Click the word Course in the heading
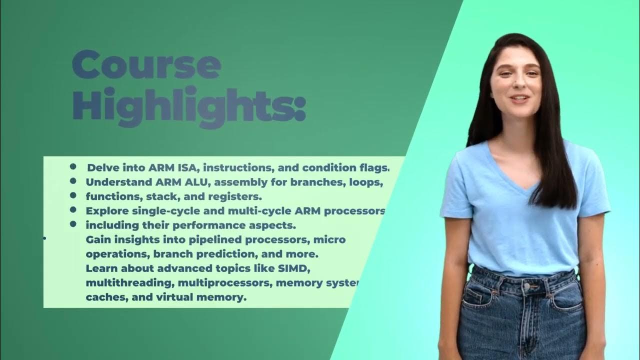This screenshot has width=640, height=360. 146,65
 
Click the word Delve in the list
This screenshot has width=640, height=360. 101,167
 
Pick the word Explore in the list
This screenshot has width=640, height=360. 104,210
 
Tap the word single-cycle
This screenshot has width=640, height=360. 166,210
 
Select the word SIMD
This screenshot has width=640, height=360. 295,268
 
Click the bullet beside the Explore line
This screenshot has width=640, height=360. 73,210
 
